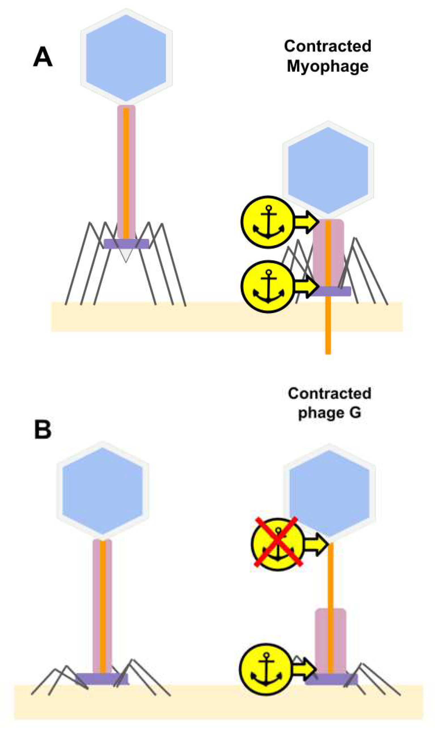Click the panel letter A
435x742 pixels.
[x=43, y=57]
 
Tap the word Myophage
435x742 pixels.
[x=328, y=67]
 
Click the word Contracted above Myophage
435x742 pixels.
[x=328, y=46]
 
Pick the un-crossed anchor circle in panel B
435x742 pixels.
[x=266, y=669]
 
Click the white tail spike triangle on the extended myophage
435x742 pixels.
[x=126, y=255]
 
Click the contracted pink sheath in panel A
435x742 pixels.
[x=328, y=253]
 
